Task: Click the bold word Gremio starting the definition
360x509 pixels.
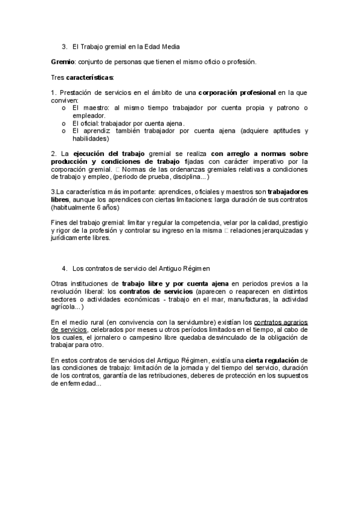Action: (x=62, y=62)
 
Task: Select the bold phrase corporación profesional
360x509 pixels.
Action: (x=238, y=92)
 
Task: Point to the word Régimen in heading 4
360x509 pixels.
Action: (x=196, y=267)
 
